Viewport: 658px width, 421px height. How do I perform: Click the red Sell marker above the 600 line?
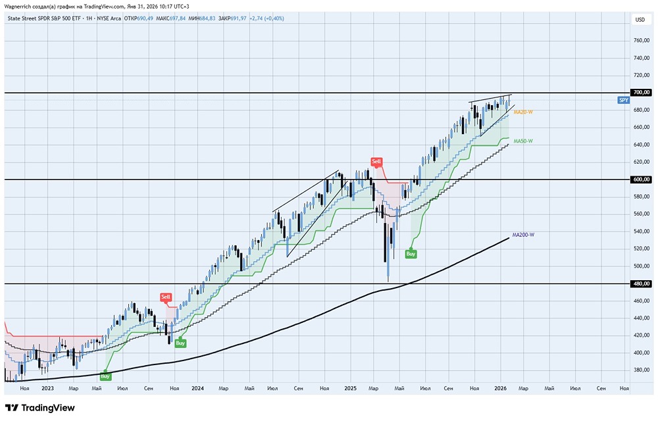click(x=376, y=161)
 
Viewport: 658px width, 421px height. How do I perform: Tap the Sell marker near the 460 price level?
click(x=166, y=297)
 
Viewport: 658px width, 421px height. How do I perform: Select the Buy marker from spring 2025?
click(x=411, y=253)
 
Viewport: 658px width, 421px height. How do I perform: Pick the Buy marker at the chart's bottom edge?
click(x=105, y=376)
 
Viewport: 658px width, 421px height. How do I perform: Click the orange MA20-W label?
click(x=523, y=112)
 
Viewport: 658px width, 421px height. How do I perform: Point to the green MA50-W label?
click(x=523, y=141)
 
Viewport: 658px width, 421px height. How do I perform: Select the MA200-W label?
click(x=523, y=235)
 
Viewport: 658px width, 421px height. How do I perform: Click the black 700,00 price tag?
click(x=640, y=93)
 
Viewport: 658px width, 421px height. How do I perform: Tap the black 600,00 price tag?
click(x=640, y=179)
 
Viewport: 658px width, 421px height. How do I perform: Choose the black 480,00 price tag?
click(x=640, y=284)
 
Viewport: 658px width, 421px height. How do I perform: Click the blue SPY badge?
click(x=623, y=100)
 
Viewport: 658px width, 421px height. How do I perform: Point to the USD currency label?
click(x=640, y=20)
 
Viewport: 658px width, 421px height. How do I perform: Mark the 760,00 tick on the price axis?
click(x=640, y=41)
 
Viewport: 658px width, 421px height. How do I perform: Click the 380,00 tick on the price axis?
click(x=640, y=370)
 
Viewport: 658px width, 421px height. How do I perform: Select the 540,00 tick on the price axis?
click(x=640, y=232)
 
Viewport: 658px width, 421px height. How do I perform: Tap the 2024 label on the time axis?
click(x=197, y=389)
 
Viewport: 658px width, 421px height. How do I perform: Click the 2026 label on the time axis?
click(x=500, y=389)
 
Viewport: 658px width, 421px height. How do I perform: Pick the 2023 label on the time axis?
click(x=47, y=389)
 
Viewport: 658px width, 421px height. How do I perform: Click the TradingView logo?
click(x=39, y=408)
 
